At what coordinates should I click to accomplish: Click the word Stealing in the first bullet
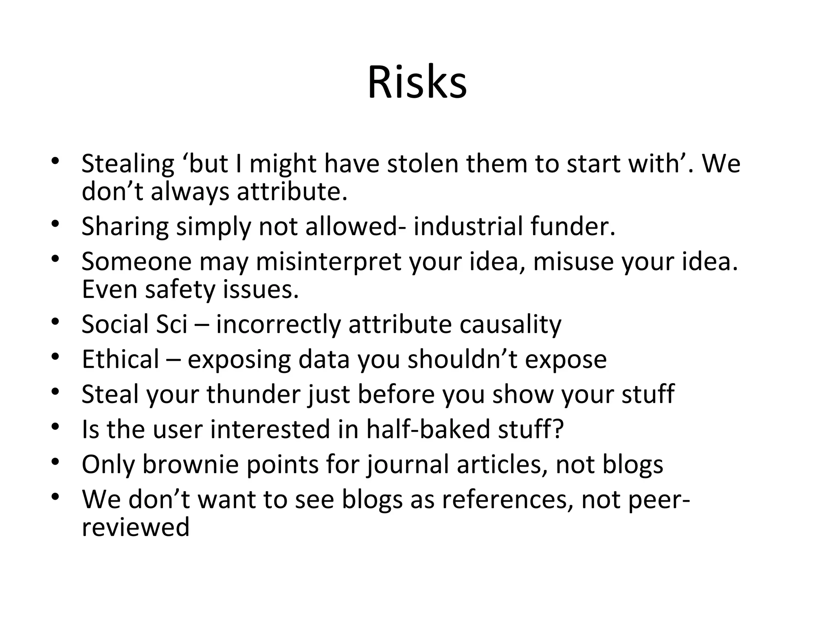point(128,164)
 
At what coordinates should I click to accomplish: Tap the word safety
point(180,290)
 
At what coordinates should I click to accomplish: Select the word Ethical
point(121,359)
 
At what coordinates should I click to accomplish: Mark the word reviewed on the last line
point(136,527)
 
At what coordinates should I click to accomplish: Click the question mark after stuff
point(558,429)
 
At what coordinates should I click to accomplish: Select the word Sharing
point(125,227)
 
